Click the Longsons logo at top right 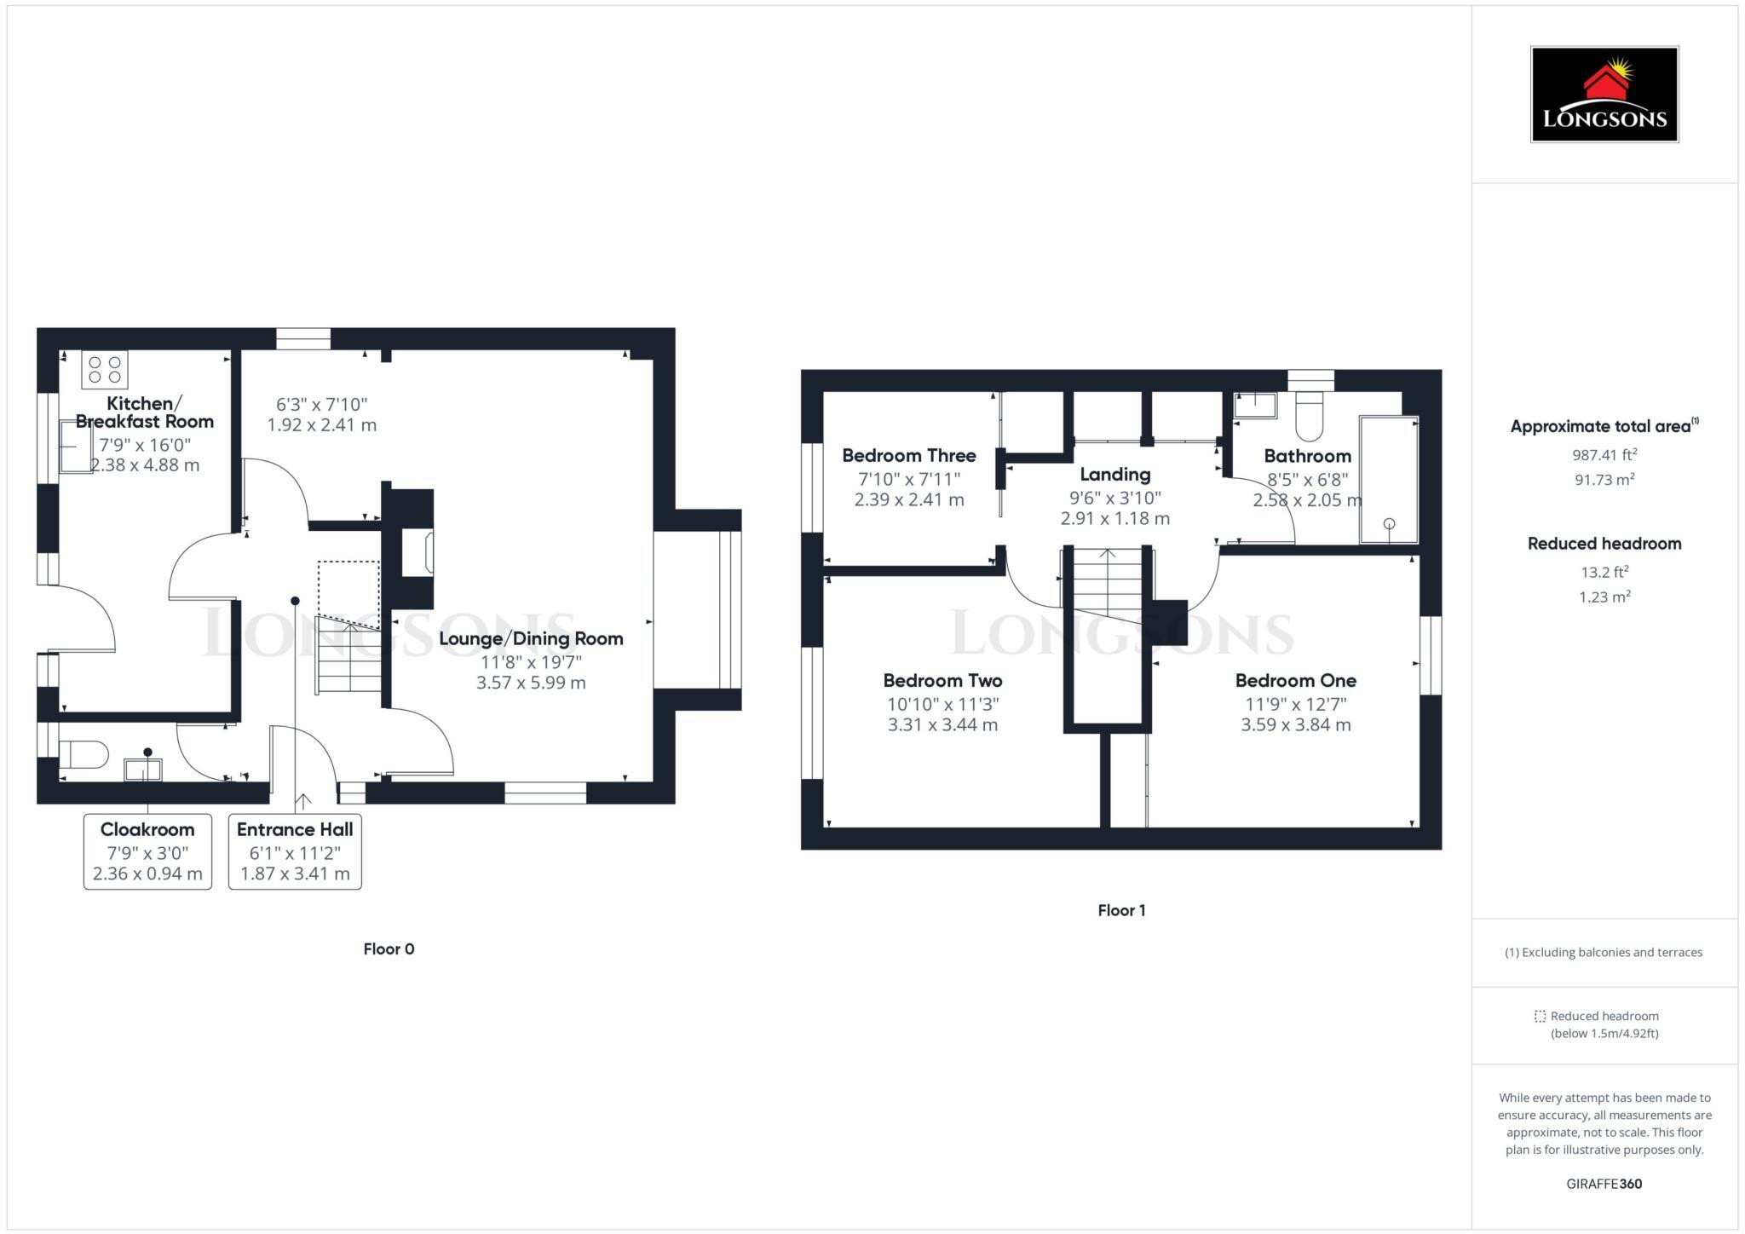tap(1604, 95)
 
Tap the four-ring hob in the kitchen tap(105, 370)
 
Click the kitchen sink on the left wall tap(74, 447)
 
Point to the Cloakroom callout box tap(147, 851)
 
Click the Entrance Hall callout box tap(295, 851)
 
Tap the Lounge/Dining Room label tap(531, 639)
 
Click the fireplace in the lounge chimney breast tap(418, 552)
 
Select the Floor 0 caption tap(389, 949)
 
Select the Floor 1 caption tap(1121, 910)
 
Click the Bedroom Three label tap(908, 455)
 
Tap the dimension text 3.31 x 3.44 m tap(942, 725)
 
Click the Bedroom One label tap(1295, 680)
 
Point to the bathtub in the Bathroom tap(1388, 480)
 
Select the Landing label tap(1114, 475)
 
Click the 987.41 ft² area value tap(1604, 455)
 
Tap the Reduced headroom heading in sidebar tap(1604, 544)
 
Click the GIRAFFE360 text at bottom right tap(1604, 1184)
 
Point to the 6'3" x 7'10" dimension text tap(321, 405)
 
